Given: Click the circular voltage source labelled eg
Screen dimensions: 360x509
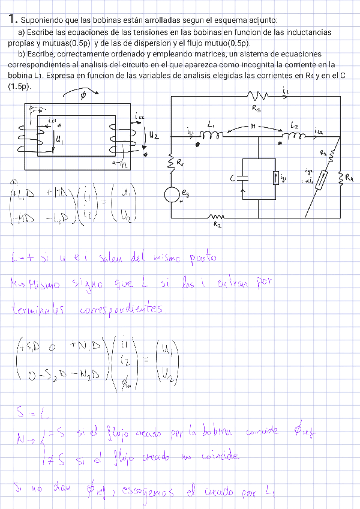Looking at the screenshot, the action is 172,195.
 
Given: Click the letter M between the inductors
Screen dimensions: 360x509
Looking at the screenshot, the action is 254,127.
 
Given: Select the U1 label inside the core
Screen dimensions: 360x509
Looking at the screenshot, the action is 59,139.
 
